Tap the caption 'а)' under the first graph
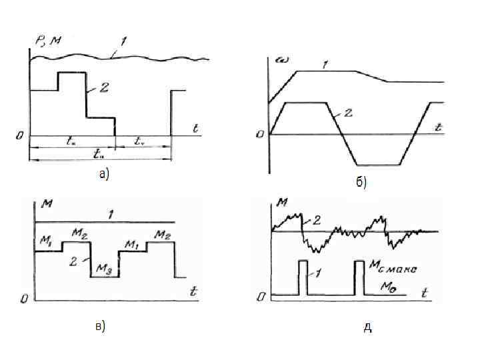pyautogui.click(x=103, y=175)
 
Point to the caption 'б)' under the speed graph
pyautogui.click(x=361, y=183)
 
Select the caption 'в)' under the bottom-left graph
pyautogui.click(x=100, y=326)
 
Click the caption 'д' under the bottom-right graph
pyautogui.click(x=367, y=327)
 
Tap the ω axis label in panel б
pyautogui.click(x=283, y=61)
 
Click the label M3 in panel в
pyautogui.click(x=104, y=268)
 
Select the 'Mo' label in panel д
pyautogui.click(x=389, y=286)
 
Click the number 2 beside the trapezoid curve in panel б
pyautogui.click(x=349, y=114)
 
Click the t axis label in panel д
pyautogui.click(x=425, y=291)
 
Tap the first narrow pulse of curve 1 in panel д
pyautogui.click(x=302, y=277)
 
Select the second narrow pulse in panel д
pyautogui.click(x=359, y=277)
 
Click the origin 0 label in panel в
pyautogui.click(x=24, y=299)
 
